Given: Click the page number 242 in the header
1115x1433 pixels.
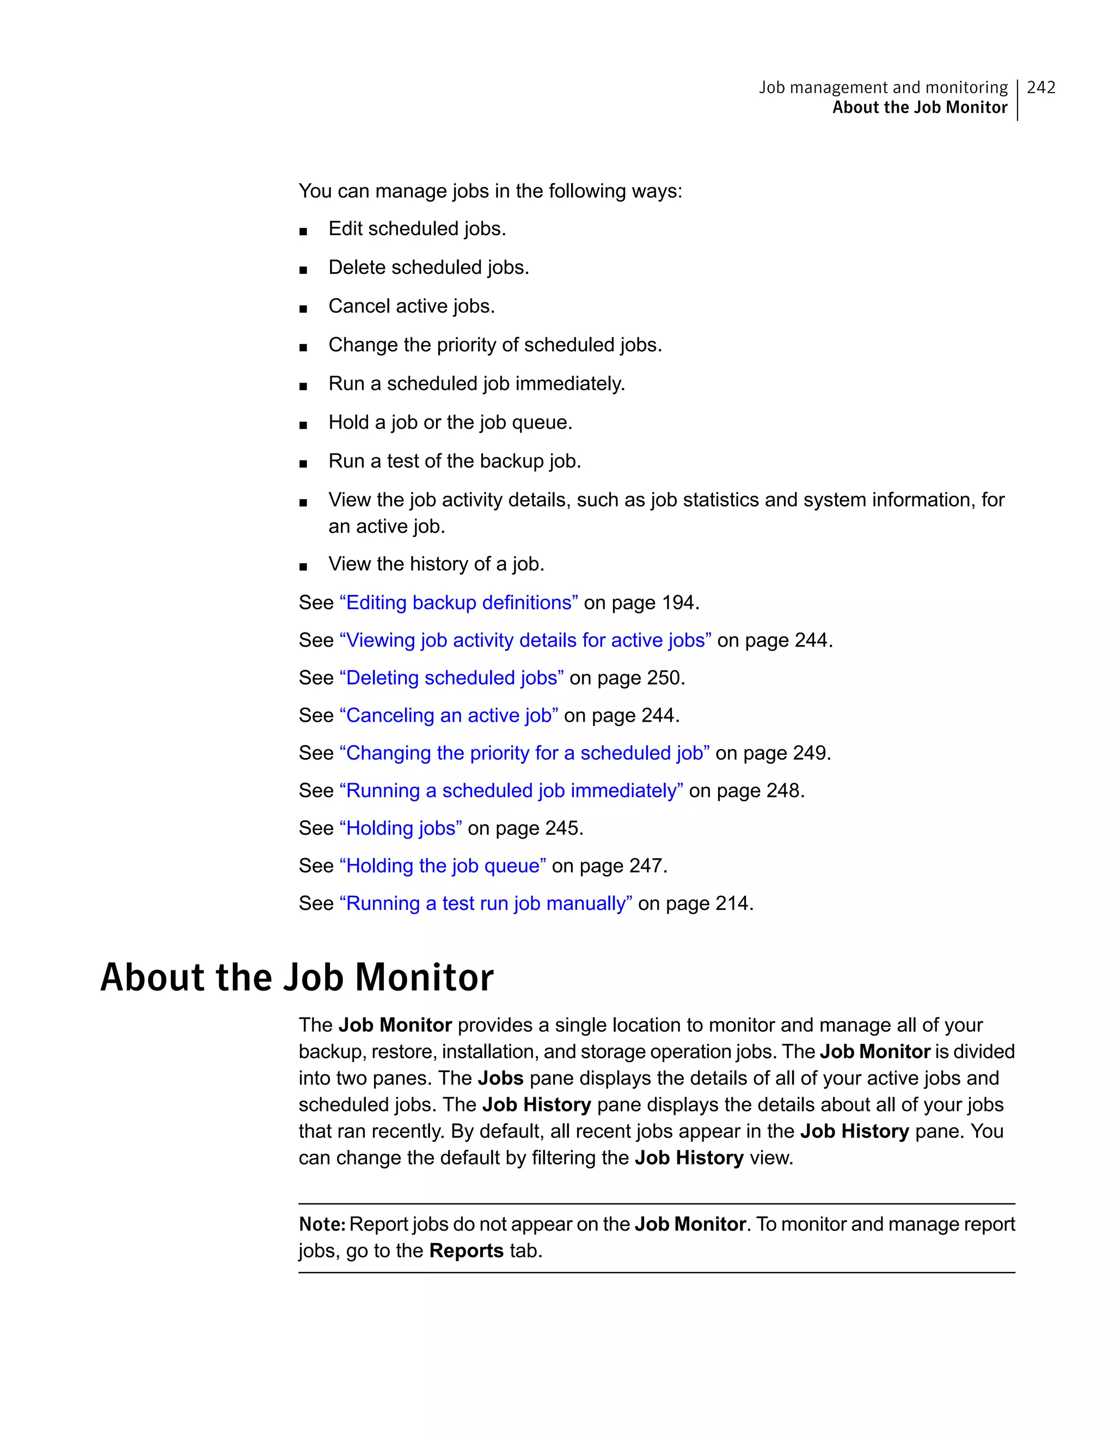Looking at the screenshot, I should [1041, 87].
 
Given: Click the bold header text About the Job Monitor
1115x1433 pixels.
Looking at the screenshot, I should [920, 108].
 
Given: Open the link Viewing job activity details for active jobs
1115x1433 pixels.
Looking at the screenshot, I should [525, 639].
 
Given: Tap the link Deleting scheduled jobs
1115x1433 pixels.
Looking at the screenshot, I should [451, 677].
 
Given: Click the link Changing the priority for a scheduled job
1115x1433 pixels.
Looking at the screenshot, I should [524, 753].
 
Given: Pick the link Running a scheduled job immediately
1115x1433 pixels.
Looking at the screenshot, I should [511, 790].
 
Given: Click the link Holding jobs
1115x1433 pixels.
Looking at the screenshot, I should [400, 828].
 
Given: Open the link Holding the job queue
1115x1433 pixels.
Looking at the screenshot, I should [442, 865].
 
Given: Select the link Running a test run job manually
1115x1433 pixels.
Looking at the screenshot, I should [486, 903].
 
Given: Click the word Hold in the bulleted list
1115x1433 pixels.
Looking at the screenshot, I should [348, 422].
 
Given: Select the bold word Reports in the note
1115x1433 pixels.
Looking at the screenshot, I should [466, 1251].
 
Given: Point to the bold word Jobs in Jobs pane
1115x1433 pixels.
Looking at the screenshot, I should [500, 1078].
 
